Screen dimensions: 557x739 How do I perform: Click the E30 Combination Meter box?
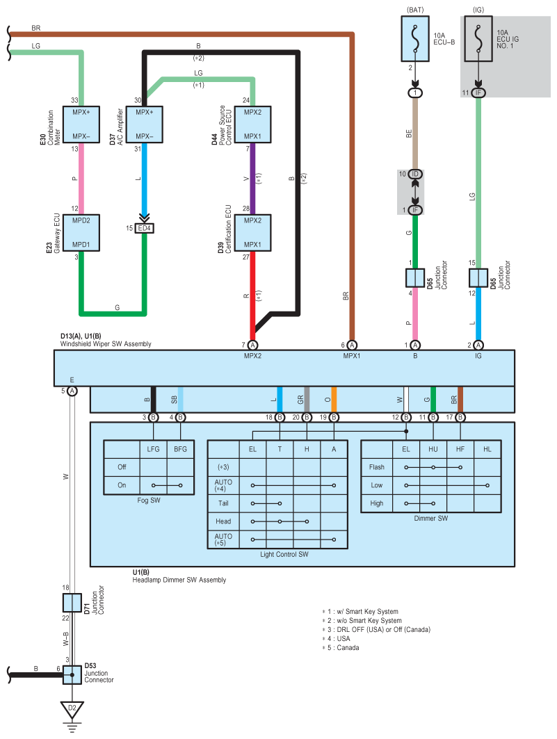coord(81,124)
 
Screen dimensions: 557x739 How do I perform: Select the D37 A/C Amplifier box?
coord(144,124)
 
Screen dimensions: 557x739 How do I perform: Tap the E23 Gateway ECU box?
coord(81,233)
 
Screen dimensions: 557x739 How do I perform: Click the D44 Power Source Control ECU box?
coord(252,124)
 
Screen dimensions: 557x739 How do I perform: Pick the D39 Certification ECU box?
coord(252,233)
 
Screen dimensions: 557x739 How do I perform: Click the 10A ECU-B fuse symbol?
coord(415,39)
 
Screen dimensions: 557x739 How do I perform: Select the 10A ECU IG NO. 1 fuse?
coord(478,39)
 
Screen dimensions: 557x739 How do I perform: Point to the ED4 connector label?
coord(144,228)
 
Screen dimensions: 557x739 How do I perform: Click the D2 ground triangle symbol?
coord(72,709)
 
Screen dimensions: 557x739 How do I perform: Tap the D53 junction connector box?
coord(72,675)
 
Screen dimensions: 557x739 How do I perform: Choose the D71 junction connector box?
coord(72,603)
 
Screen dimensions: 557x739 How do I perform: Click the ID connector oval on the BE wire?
coord(415,174)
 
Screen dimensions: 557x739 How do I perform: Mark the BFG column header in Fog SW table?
coord(181,449)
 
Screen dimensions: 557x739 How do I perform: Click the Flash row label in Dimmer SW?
coord(376,467)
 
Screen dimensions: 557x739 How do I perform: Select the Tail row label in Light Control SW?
coord(223,503)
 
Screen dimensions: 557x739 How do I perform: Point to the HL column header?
coord(487,449)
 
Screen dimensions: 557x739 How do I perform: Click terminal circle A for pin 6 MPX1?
coord(352,345)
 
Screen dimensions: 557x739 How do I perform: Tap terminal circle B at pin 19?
coord(334,417)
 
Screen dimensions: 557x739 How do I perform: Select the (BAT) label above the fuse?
coord(415,10)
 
